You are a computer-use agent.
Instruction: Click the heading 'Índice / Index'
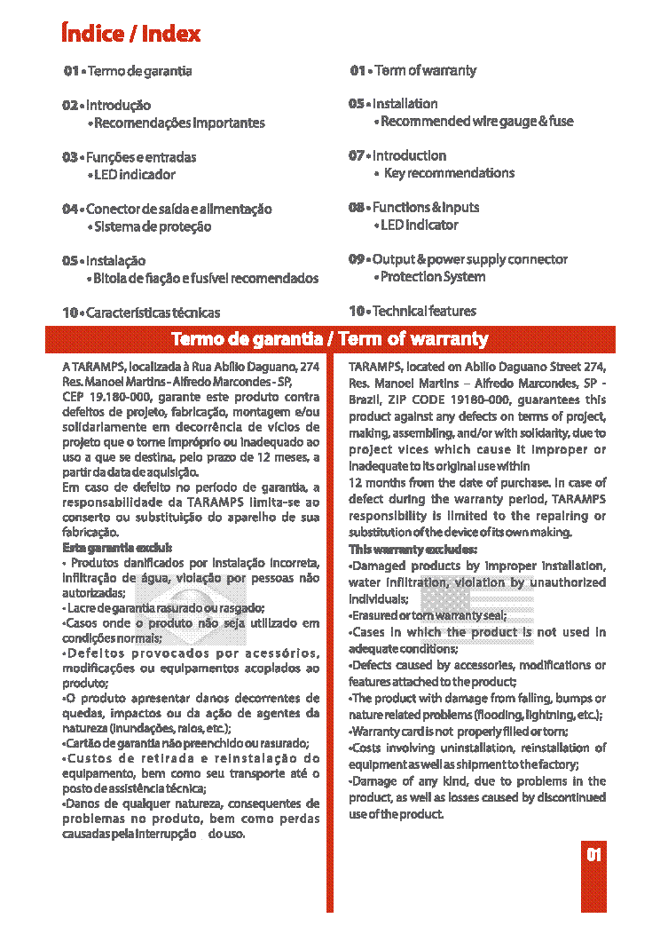point(130,34)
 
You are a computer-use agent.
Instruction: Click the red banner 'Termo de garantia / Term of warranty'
point(329,339)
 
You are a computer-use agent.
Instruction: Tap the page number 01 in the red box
point(593,855)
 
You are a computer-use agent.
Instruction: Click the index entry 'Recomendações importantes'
point(179,123)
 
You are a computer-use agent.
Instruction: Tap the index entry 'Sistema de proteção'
point(153,226)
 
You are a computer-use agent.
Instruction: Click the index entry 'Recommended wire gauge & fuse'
point(476,121)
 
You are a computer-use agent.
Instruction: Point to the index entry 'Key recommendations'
point(449,173)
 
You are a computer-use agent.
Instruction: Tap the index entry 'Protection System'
point(433,277)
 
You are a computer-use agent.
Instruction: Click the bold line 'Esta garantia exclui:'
point(117,548)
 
